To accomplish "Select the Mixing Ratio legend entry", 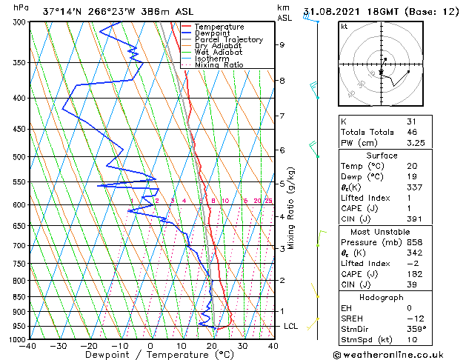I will click(x=219, y=64).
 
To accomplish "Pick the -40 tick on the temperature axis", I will click(x=29, y=345).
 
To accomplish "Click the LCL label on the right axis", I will click(x=290, y=326).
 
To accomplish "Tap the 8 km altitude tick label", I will click(x=282, y=80).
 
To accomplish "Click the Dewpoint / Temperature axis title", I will click(x=150, y=355).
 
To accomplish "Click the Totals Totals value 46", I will click(x=412, y=132).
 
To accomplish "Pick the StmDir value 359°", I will click(x=416, y=329).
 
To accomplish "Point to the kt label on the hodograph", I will click(x=344, y=26).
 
